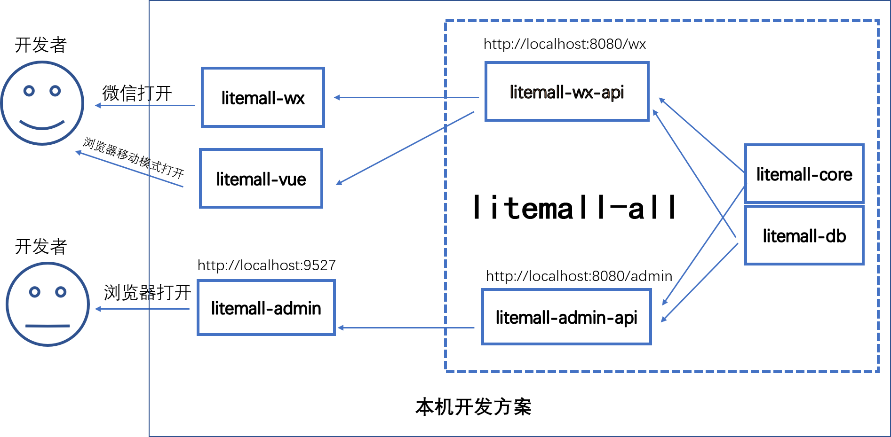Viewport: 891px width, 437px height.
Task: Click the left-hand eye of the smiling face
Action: point(29,91)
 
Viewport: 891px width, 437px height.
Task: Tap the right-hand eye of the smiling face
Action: point(56,91)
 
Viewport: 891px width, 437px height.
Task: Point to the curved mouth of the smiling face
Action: point(42,125)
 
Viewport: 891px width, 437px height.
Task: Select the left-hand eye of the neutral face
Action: point(34,292)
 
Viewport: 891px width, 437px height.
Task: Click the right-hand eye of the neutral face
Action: point(61,292)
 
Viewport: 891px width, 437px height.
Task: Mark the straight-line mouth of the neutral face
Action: point(48,326)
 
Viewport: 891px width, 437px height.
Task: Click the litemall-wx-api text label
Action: point(567,92)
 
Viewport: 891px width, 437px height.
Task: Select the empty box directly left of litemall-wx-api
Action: point(263,97)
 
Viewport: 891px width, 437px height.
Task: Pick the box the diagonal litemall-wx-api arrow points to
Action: point(261,179)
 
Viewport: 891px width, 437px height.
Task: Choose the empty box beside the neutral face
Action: point(266,308)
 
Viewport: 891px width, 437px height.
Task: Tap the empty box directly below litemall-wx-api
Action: point(566,317)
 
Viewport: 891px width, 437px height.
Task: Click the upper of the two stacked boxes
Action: point(804,173)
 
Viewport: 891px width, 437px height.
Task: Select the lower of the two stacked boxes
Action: point(804,235)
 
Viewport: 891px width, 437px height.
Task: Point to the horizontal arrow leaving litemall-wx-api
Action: point(406,98)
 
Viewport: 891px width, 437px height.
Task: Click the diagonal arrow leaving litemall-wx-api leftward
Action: point(405,148)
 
